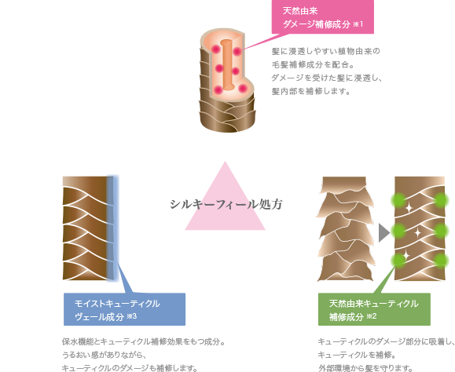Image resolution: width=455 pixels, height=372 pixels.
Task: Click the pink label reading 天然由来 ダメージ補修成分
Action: pyautogui.click(x=323, y=16)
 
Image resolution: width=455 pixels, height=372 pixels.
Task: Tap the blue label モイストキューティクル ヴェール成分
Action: pyautogui.click(x=124, y=309)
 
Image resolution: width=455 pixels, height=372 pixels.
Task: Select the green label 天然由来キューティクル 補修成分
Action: pyautogui.click(x=374, y=309)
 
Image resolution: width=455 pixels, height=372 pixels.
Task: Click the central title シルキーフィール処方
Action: pyautogui.click(x=226, y=204)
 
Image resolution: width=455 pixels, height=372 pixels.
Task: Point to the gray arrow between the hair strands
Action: pyautogui.click(x=384, y=232)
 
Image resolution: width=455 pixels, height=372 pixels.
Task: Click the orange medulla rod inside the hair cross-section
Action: pyautogui.click(x=226, y=65)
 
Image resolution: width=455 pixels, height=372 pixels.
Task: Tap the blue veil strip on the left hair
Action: pyautogui.click(x=112, y=228)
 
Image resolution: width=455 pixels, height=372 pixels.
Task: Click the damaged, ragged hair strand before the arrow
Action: pyautogui.click(x=345, y=228)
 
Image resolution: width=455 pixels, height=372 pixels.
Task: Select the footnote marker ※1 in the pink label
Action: pyautogui.click(x=358, y=24)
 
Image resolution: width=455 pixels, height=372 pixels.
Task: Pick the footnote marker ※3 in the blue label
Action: pyautogui.click(x=132, y=316)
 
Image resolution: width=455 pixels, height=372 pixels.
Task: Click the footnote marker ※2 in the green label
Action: pyautogui.click(x=372, y=316)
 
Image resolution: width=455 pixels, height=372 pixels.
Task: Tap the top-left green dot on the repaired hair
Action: pyautogui.click(x=398, y=200)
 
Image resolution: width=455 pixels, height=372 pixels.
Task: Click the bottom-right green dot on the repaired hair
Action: pyautogui.click(x=441, y=261)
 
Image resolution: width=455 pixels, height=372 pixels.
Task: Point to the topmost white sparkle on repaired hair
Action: pyautogui.click(x=409, y=208)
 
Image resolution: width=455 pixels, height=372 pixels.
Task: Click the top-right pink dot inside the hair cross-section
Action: pyautogui.click(x=237, y=52)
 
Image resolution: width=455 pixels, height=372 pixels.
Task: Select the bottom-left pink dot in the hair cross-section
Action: pyautogui.click(x=218, y=89)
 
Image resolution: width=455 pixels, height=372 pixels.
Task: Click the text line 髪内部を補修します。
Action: pyautogui.click(x=311, y=91)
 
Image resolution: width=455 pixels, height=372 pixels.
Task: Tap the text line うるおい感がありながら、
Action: pyautogui.click(x=104, y=355)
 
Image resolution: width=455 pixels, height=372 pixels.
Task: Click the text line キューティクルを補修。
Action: pyautogui.click(x=358, y=355)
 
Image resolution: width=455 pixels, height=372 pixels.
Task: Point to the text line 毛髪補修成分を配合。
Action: pyautogui.click(x=313, y=64)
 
